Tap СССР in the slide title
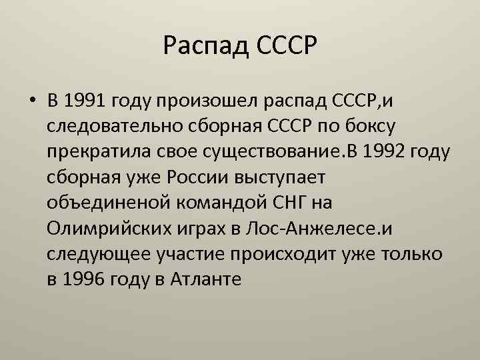coord(285,47)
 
